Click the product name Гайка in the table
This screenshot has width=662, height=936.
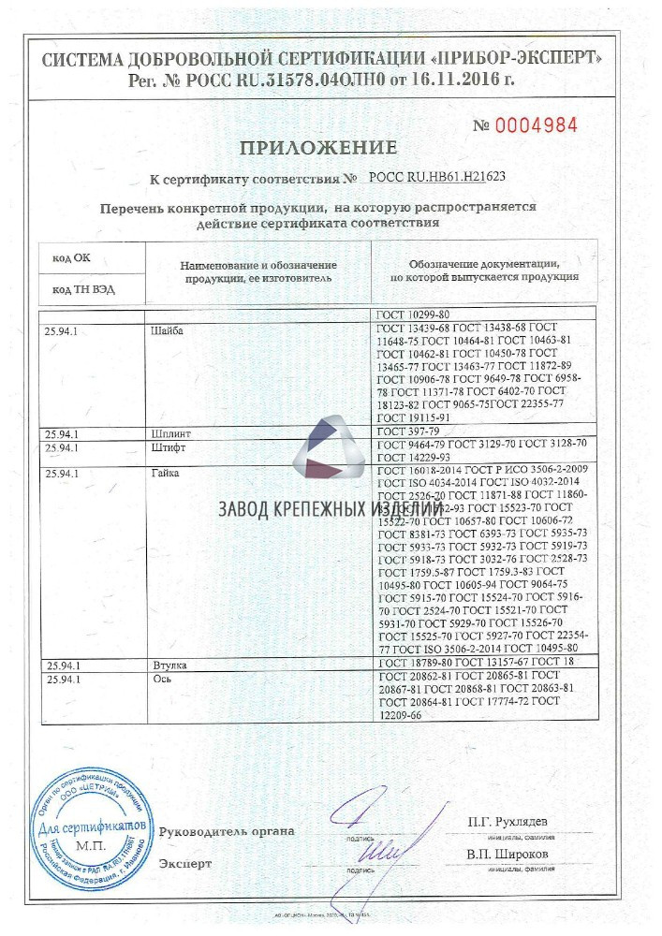pos(166,473)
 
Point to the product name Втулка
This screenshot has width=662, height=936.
pos(169,665)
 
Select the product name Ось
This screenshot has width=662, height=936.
pos(159,678)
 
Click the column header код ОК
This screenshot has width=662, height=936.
pos(70,257)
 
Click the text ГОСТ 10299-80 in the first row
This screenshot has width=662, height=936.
pos(413,315)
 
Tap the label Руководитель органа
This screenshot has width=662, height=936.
pos(228,830)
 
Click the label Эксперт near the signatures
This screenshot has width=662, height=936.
pos(185,863)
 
